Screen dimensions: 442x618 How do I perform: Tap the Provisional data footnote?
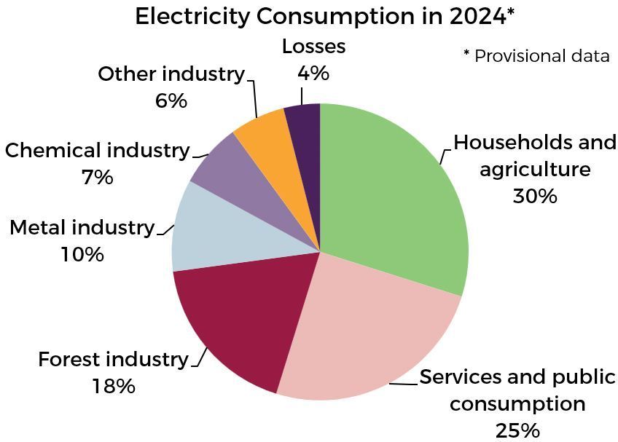tap(536, 56)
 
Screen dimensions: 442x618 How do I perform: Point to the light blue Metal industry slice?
tap(219, 233)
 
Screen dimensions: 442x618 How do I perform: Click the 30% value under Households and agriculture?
tap(535, 196)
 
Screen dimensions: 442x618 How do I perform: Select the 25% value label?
tap(517, 430)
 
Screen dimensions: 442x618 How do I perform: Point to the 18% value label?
tap(114, 386)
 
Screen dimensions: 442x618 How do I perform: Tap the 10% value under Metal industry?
tap(82, 254)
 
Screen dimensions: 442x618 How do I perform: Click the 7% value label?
tap(98, 177)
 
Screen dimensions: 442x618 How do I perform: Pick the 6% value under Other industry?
tap(171, 100)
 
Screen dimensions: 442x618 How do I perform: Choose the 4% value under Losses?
tap(313, 73)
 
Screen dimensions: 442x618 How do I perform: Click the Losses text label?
tap(313, 47)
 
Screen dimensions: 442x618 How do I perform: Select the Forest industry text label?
tap(113, 360)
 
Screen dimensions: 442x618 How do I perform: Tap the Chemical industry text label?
tap(97, 151)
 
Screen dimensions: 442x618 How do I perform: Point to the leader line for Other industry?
tap(254, 98)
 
